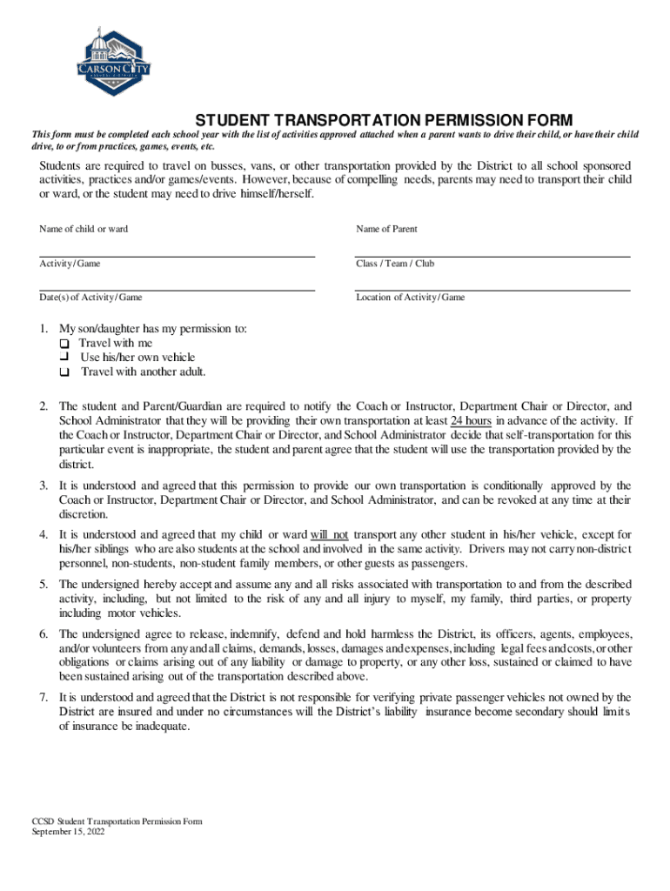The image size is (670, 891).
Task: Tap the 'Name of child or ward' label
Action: tap(84, 229)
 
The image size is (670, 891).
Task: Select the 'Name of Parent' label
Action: tap(386, 229)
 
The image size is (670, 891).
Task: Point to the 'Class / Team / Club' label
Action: tap(395, 264)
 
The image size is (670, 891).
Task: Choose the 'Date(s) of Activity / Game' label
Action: tap(90, 298)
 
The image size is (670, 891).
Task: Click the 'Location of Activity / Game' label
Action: tap(410, 298)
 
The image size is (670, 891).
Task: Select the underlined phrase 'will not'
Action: tap(329, 534)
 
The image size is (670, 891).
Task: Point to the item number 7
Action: tap(44, 698)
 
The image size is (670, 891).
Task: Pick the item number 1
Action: tap(44, 330)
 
